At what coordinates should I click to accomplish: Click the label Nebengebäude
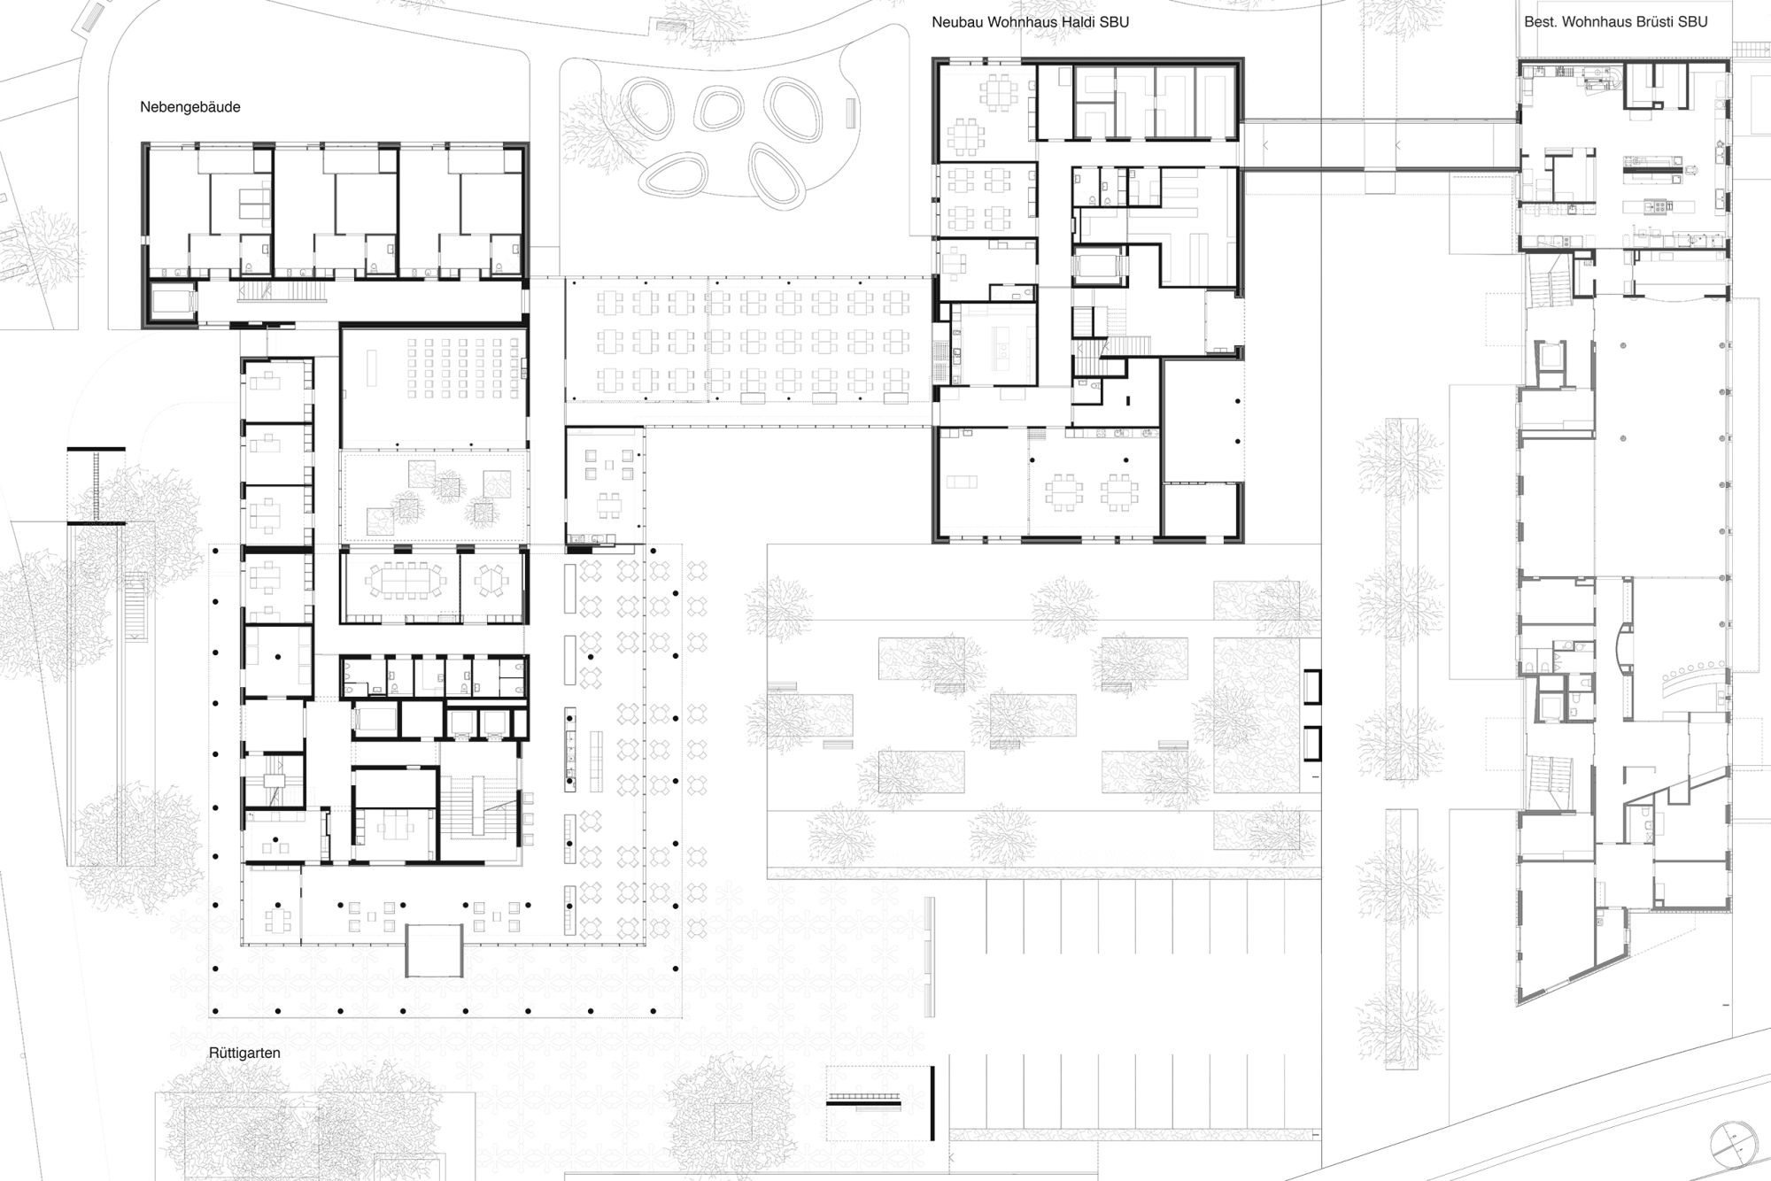(x=190, y=107)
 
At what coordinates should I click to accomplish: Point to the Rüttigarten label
(x=244, y=1054)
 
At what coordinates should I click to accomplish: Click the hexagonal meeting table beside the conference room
(x=490, y=581)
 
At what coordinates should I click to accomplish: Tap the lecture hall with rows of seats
(x=434, y=388)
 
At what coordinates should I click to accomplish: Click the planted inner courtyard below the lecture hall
(x=434, y=497)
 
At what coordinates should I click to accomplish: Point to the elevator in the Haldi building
(x=1097, y=267)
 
